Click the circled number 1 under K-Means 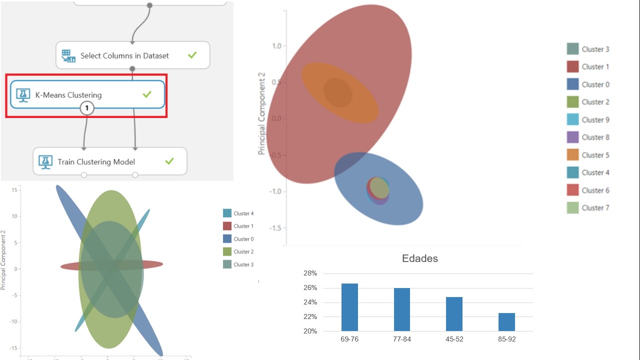[x=87, y=108]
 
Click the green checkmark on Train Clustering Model [x=169, y=161]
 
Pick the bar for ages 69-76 [x=349, y=307]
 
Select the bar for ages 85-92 [x=506, y=322]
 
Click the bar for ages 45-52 [x=454, y=314]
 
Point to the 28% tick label [x=310, y=273]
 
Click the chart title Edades [x=420, y=258]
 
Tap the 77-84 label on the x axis [x=402, y=339]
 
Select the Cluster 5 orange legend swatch [x=573, y=155]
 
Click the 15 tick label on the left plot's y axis [x=15, y=190]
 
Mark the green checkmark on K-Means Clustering [x=146, y=94]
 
